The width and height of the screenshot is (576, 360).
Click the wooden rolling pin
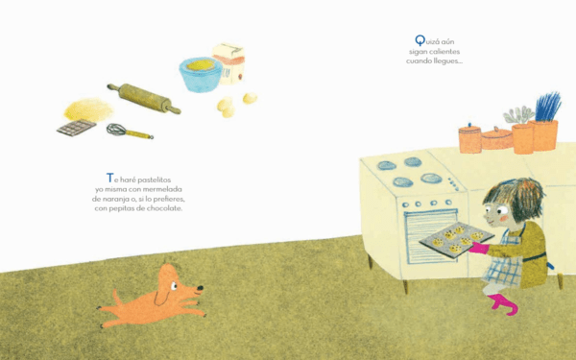click(x=144, y=98)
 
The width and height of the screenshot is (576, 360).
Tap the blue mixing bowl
click(x=201, y=75)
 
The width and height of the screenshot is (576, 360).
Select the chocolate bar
click(x=77, y=128)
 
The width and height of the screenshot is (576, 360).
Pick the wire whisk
click(x=130, y=132)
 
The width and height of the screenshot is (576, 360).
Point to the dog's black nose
click(x=200, y=288)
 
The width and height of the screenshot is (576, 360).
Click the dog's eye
click(x=174, y=286)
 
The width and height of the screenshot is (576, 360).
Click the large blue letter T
click(x=109, y=178)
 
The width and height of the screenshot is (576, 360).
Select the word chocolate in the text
click(x=164, y=208)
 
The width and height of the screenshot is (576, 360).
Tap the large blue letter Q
click(x=420, y=40)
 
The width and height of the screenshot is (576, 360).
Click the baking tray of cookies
click(x=457, y=239)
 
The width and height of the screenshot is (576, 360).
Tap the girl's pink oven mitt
click(x=479, y=248)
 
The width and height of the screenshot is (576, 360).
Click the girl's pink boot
click(x=503, y=304)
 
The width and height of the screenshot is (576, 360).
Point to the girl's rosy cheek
click(x=504, y=218)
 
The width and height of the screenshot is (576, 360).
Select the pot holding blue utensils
click(x=543, y=134)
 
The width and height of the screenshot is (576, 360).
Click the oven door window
click(x=431, y=236)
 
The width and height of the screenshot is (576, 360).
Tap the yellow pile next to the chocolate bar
click(x=88, y=110)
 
